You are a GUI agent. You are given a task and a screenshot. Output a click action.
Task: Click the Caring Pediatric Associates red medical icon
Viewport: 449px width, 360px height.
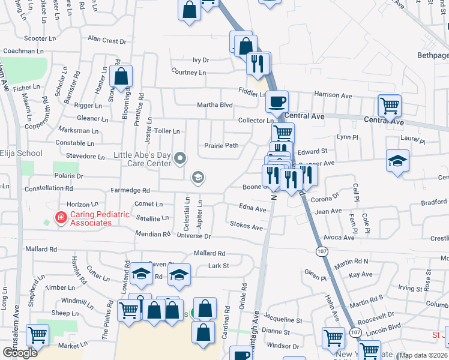tap(61, 218)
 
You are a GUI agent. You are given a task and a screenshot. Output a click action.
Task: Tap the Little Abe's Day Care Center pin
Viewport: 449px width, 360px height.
tap(181, 158)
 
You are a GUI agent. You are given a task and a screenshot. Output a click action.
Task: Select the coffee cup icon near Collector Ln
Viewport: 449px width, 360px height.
tap(277, 101)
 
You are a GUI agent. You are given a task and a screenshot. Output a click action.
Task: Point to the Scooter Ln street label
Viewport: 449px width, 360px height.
tap(40, 38)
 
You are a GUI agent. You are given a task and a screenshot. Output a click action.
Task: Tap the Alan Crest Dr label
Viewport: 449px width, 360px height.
tap(107, 41)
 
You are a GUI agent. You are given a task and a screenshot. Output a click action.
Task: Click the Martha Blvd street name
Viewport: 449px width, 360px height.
tap(215, 106)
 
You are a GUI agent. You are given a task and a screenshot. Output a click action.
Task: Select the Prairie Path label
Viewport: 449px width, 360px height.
tap(221, 145)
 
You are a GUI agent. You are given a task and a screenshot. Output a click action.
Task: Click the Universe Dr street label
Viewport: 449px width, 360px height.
tap(194, 236)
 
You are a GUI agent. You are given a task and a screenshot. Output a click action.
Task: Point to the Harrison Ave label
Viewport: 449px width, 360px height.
tap(333, 95)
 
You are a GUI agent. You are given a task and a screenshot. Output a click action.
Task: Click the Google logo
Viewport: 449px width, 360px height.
tap(20, 352)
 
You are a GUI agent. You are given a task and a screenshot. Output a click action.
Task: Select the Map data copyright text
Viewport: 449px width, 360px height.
tap(423, 355)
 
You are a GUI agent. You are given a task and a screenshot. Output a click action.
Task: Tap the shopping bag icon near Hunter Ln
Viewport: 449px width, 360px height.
tap(121, 76)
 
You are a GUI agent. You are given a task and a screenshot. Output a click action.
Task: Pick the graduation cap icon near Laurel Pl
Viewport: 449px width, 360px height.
tap(397, 161)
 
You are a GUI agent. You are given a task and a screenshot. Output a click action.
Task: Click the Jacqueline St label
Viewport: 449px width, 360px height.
tap(282, 321)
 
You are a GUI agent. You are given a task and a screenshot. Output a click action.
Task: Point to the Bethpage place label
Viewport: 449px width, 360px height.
tap(432, 55)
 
